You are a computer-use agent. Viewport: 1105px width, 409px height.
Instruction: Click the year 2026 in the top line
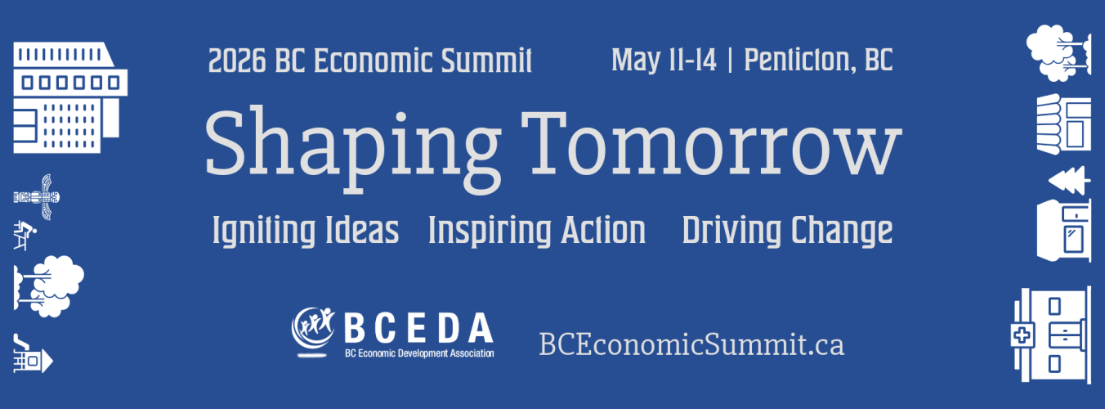pyautogui.click(x=237, y=61)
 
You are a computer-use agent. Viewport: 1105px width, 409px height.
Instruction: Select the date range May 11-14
pyautogui.click(x=664, y=61)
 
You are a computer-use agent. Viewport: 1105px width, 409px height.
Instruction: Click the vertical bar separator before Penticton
pyautogui.click(x=730, y=61)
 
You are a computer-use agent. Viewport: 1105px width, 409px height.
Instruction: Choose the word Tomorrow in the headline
pyautogui.click(x=712, y=143)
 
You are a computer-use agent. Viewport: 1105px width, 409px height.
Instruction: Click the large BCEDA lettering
pyautogui.click(x=418, y=328)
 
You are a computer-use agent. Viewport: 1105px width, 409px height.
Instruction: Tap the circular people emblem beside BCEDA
pyautogui.click(x=313, y=329)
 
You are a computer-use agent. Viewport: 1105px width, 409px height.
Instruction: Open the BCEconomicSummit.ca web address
pyautogui.click(x=691, y=344)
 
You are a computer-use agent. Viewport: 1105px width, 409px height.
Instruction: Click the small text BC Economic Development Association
pyautogui.click(x=419, y=353)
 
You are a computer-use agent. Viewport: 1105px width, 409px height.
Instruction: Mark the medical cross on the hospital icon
pyautogui.click(x=1022, y=336)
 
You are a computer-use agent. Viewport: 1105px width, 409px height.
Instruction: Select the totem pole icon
pyautogui.click(x=37, y=197)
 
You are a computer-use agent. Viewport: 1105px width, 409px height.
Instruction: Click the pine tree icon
pyautogui.click(x=1070, y=180)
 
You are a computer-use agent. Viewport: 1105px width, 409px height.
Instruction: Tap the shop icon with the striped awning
pyautogui.click(x=1064, y=124)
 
